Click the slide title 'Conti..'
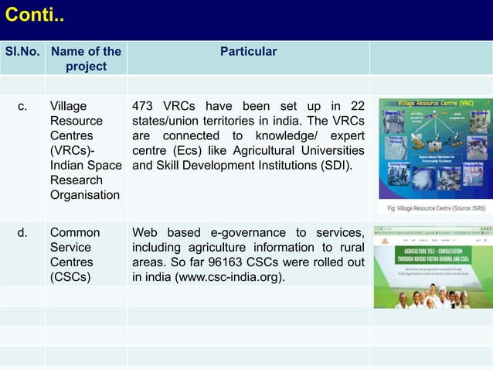tap(36, 15)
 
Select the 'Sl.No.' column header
tap(23, 52)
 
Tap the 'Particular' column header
tap(248, 52)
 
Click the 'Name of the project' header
tap(86, 59)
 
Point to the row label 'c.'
tap(23, 107)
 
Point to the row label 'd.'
tap(23, 233)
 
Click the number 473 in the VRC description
tap(147, 107)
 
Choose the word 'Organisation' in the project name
tap(85, 195)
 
